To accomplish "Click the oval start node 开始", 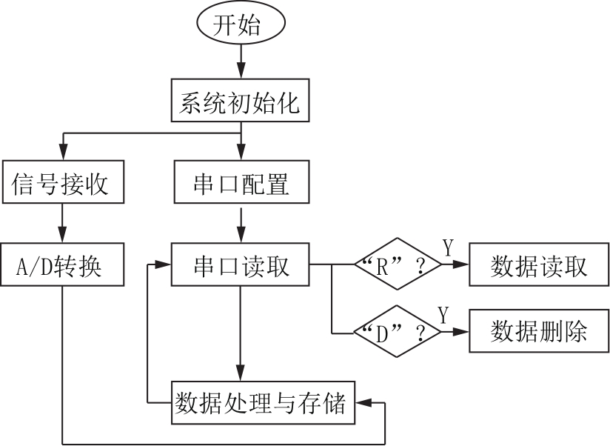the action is tap(241, 23).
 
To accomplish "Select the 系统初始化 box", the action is tap(241, 101).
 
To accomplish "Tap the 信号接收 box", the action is tap(63, 182).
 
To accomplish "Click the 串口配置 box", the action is tap(241, 182).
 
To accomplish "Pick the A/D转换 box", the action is tap(62, 264).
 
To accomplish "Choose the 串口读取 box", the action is tap(241, 264).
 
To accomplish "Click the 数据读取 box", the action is tap(539, 264).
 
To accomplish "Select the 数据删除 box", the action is tap(539, 331).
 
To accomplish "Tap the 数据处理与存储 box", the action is tap(264, 402).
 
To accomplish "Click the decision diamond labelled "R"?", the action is tap(398, 264).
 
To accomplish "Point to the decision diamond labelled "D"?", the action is tap(398, 332).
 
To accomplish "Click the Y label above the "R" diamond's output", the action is tap(448, 248).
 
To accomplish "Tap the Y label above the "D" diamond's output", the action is tap(443, 315).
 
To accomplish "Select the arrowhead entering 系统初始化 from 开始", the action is tap(241, 71).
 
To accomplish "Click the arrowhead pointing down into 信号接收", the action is tap(63, 152).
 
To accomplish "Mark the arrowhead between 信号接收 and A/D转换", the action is tap(62, 235).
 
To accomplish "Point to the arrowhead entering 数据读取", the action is tap(461, 264).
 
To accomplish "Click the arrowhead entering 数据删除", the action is tap(461, 332).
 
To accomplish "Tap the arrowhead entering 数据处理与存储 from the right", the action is tap(363, 403).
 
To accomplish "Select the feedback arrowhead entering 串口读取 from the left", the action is tap(163, 264).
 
